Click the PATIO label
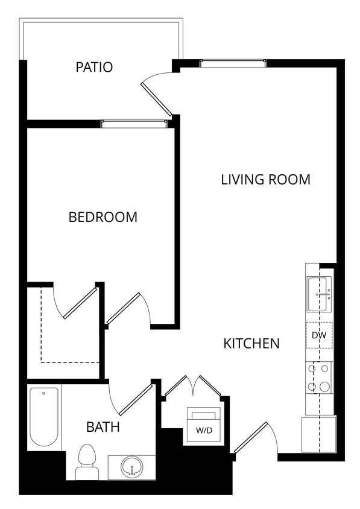pyautogui.click(x=94, y=67)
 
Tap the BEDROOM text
pyautogui.click(x=103, y=217)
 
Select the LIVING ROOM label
pyautogui.click(x=265, y=180)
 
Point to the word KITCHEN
pyautogui.click(x=251, y=344)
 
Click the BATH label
pyautogui.click(x=103, y=428)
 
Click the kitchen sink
pyautogui.click(x=318, y=294)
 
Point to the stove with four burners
pyautogui.click(x=318, y=378)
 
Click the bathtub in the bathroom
pyautogui.click(x=44, y=417)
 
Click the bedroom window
pyautogui.click(x=133, y=124)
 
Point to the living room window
pyautogui.click(x=232, y=63)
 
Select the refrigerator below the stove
pyautogui.click(x=318, y=434)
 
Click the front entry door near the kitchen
pyautogui.click(x=251, y=438)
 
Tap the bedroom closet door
pyautogui.click(x=79, y=303)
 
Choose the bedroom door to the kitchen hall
pyautogui.click(x=124, y=309)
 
